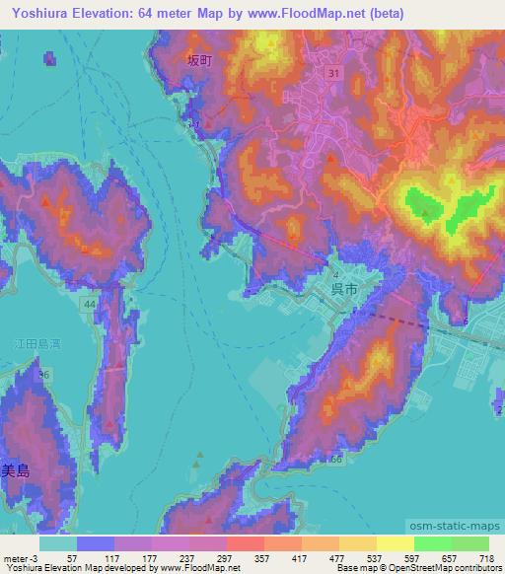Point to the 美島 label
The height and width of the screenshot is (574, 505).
coord(16,471)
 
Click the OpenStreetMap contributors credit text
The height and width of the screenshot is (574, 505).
coord(448,567)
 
